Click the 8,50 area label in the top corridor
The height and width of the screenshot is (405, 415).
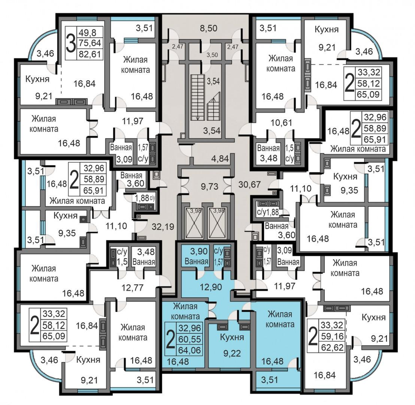(209, 28)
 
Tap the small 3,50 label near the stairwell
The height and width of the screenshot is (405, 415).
(212, 55)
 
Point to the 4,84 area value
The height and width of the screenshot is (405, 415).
(220, 159)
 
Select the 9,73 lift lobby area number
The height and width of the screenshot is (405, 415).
(210, 187)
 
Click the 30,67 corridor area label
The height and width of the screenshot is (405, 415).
(250, 184)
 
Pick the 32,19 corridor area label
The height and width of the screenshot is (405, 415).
(163, 227)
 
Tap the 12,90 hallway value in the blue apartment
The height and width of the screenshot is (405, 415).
(211, 287)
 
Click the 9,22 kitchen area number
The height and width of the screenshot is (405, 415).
(232, 353)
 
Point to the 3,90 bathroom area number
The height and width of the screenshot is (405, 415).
(199, 251)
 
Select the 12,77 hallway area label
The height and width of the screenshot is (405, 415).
(132, 287)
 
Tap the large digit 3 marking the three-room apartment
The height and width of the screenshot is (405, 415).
(71, 43)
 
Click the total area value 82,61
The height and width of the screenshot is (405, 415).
(90, 54)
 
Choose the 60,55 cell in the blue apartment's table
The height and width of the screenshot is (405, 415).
(190, 339)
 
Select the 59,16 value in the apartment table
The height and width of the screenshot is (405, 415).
(332, 336)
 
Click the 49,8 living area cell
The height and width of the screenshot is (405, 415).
(87, 33)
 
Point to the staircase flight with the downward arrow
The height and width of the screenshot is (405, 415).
(198, 97)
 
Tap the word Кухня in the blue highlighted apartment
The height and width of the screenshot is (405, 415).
(232, 337)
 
